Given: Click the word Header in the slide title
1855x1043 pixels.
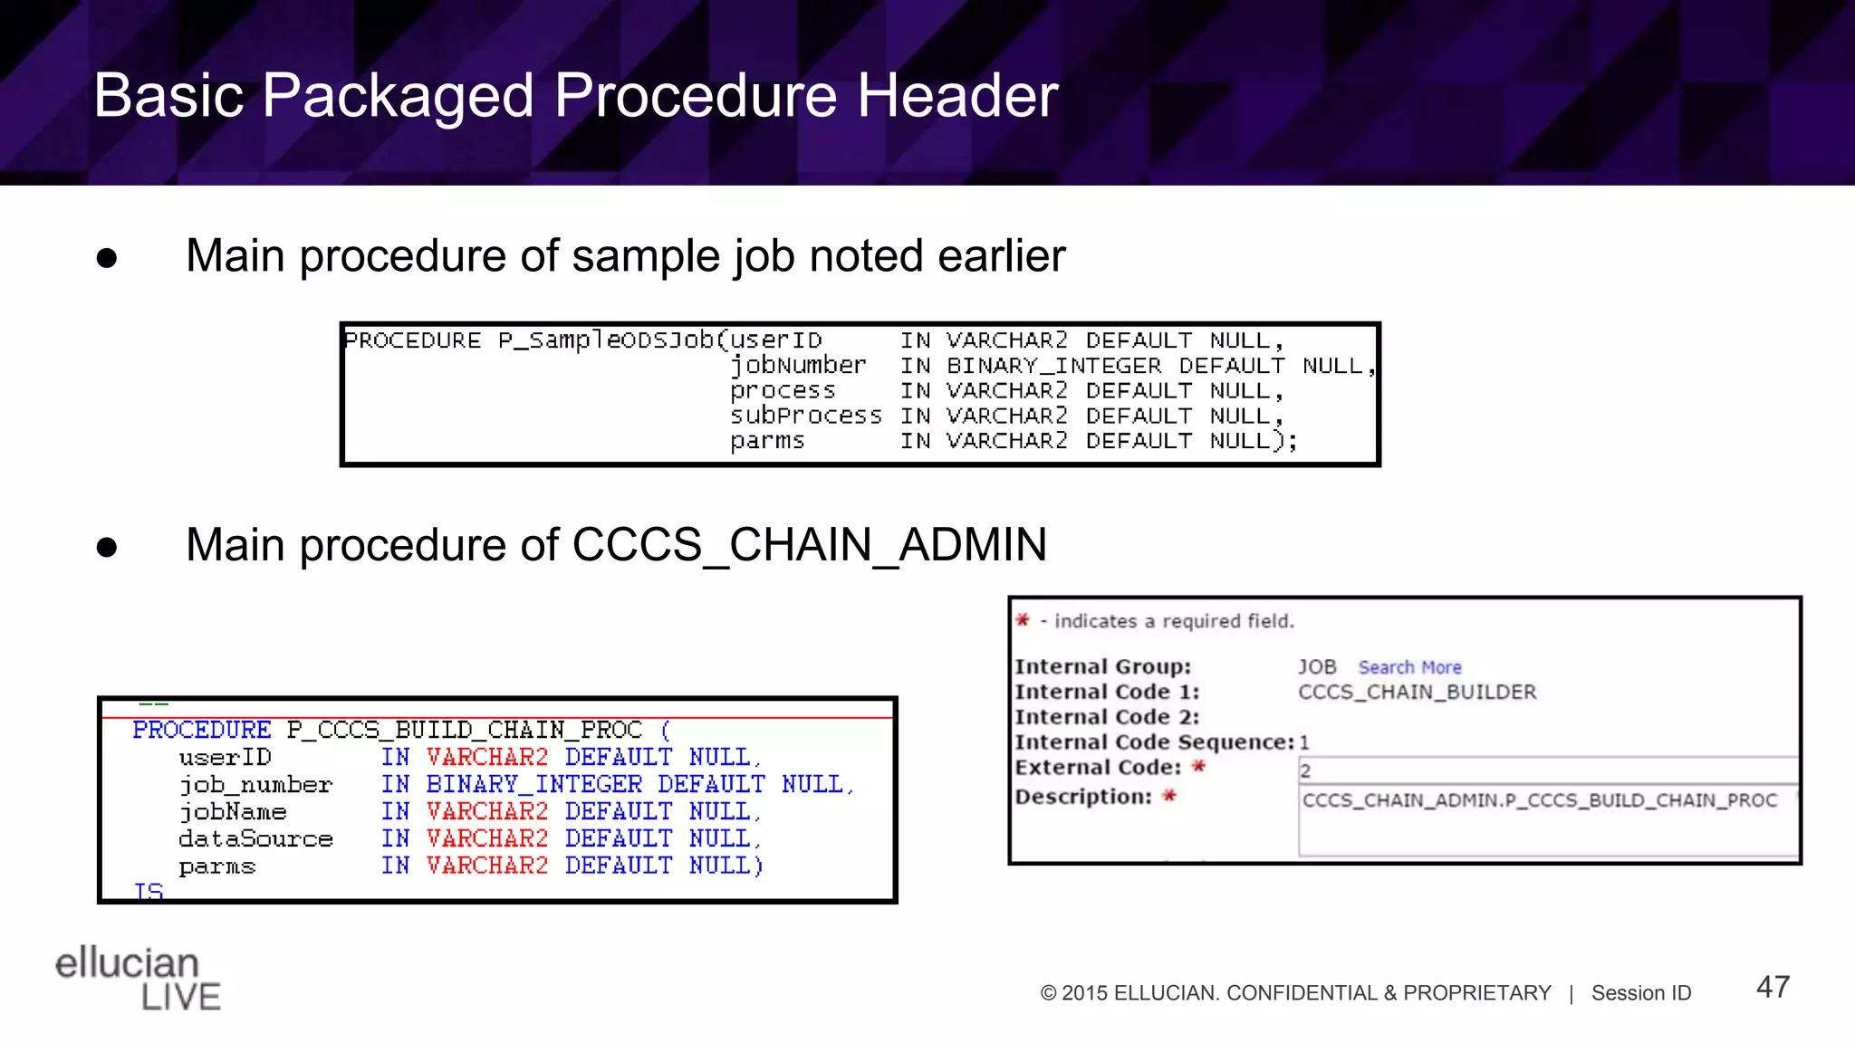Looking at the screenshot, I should click(x=957, y=95).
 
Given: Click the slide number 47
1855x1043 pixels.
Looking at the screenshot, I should click(x=1773, y=987).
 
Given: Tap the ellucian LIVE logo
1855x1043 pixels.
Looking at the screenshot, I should click(x=138, y=978).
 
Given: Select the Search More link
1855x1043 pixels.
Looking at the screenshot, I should click(x=1409, y=667).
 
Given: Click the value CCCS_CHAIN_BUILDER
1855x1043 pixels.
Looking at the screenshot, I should click(x=1417, y=693).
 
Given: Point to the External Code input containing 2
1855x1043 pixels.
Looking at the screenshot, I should click(x=1547, y=770).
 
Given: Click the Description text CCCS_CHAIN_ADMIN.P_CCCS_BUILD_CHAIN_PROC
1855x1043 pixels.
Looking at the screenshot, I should click(x=1539, y=800).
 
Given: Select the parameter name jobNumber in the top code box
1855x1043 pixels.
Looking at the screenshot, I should click(x=798, y=366).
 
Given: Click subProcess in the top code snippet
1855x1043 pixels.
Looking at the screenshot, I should click(x=805, y=416).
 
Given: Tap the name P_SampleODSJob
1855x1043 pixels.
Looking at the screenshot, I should click(x=606, y=340).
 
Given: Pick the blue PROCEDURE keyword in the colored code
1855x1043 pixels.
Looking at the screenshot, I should click(x=201, y=730).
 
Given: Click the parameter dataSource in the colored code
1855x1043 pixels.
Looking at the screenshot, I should click(x=255, y=839).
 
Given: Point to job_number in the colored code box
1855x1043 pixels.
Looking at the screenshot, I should click(x=255, y=785).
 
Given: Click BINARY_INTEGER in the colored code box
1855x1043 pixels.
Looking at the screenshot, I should click(x=533, y=785).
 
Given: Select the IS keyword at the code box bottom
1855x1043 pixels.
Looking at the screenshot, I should click(x=149, y=892).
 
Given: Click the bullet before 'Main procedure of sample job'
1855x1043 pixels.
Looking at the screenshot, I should click(x=107, y=259).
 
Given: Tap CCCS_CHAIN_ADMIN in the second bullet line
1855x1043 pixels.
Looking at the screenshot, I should click(x=809, y=545).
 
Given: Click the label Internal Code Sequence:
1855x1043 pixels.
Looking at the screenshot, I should click(x=1154, y=742).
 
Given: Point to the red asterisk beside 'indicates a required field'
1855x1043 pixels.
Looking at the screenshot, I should click(x=1023, y=620).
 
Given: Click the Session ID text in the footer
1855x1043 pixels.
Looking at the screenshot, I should click(x=1641, y=993).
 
